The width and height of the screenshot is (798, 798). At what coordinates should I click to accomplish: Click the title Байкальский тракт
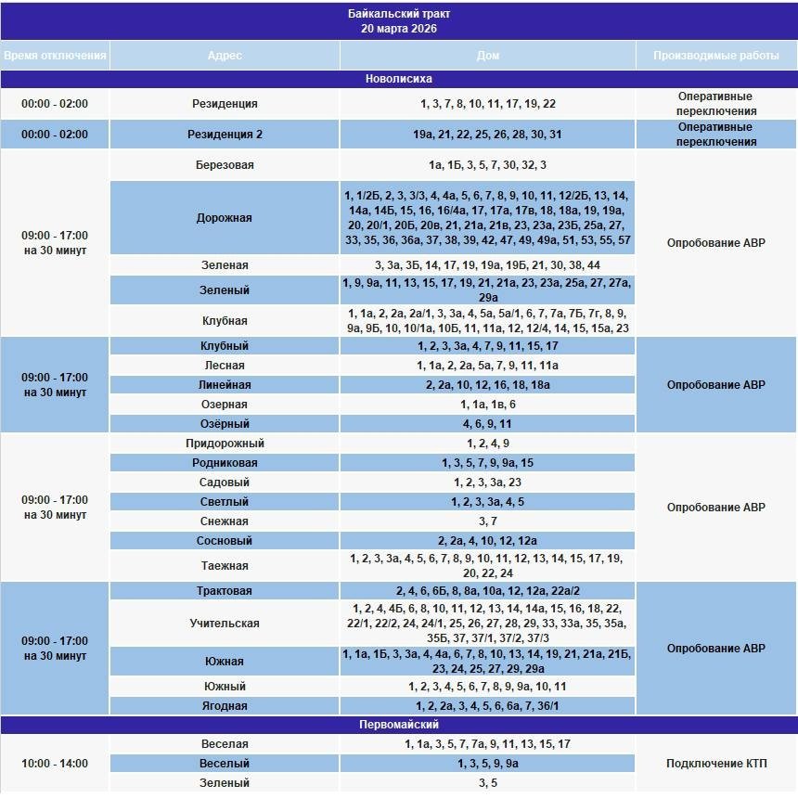399,15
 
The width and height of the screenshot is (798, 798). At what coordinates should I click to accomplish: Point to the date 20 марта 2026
399,29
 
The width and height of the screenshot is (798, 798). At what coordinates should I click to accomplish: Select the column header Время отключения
55,56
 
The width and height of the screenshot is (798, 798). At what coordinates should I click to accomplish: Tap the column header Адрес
225,56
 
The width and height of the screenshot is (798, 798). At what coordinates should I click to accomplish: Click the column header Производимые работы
715,56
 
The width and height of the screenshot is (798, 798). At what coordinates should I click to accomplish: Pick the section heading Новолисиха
399,80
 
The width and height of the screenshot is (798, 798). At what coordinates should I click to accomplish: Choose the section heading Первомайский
399,725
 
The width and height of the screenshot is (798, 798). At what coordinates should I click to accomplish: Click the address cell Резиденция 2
225,135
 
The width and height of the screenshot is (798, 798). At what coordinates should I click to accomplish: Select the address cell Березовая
225,165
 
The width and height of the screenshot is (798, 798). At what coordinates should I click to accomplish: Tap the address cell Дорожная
225,218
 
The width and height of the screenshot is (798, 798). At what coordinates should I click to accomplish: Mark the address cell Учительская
225,624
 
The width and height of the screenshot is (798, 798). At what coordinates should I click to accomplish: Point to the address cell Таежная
225,566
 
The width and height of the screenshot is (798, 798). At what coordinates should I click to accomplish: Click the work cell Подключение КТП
715,764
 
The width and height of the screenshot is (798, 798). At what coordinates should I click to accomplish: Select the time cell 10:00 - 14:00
55,764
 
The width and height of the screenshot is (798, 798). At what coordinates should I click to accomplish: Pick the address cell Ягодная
225,706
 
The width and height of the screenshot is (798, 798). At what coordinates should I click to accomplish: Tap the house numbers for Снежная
488,521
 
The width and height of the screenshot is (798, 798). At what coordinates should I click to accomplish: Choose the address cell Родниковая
225,463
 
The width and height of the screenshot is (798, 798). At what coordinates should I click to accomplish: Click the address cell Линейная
225,385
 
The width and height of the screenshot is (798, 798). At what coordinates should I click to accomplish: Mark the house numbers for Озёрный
488,424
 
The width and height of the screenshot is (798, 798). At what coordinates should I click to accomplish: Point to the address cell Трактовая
225,591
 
